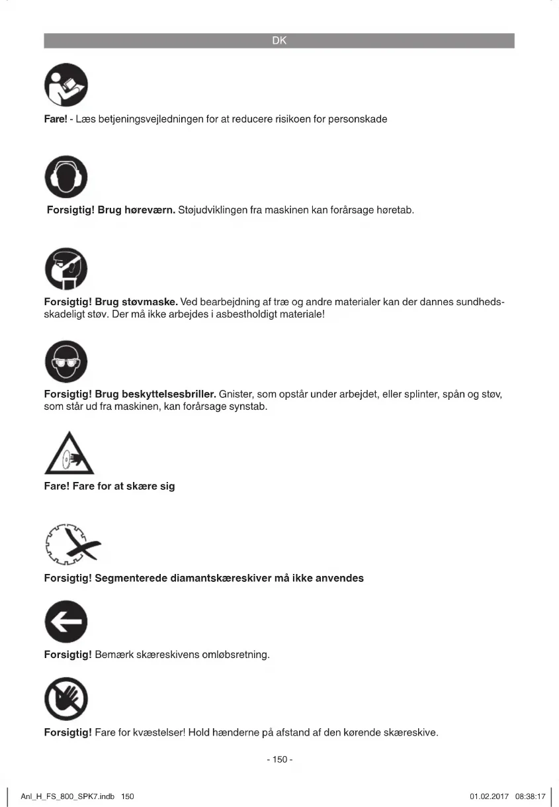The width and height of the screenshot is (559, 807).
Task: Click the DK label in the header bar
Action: pos(279,41)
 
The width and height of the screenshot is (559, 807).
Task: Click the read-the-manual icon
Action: pos(65,85)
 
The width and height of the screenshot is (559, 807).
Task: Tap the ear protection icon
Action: pos(65,177)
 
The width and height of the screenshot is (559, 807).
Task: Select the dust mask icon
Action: pos(65,269)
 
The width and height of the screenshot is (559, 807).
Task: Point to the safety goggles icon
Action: pos(65,362)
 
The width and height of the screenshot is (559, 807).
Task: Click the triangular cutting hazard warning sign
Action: pos(69,455)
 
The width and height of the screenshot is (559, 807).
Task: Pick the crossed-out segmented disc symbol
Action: pos(71,546)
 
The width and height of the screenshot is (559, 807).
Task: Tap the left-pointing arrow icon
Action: pos(65,624)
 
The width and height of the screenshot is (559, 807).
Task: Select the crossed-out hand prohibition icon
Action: pos(65,701)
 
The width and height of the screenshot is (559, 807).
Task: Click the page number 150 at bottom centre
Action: pos(280,759)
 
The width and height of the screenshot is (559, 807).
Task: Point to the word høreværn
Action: pos(150,211)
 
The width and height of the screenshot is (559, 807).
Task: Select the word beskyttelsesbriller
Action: pos(169,395)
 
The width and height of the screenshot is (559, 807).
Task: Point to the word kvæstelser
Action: pos(157,733)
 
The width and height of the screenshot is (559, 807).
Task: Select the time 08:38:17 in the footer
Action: pos(530,796)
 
